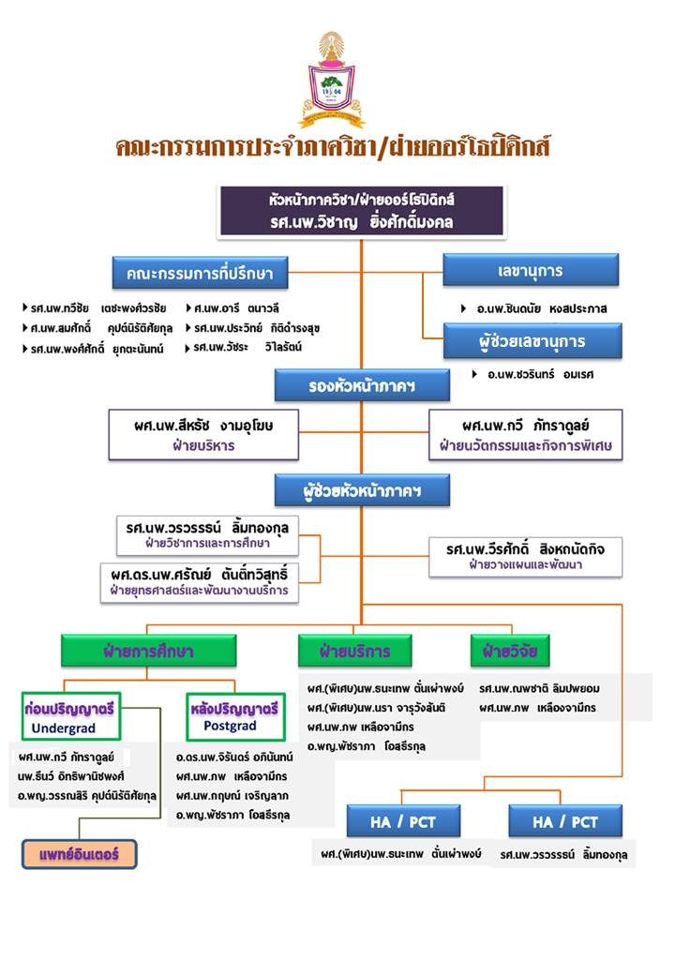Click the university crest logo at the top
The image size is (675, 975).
click(x=332, y=80)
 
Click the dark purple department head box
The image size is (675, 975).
click(x=362, y=212)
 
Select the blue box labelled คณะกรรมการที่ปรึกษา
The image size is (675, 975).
click(x=200, y=273)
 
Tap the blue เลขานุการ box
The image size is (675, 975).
click(x=531, y=270)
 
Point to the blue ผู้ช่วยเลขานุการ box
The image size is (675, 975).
click(x=532, y=340)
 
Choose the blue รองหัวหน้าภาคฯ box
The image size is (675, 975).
click(x=362, y=385)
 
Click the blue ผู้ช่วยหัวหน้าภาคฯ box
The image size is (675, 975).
click(x=362, y=490)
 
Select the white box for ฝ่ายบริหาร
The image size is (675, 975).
click(x=203, y=435)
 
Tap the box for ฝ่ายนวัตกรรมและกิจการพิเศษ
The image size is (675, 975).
click(x=526, y=435)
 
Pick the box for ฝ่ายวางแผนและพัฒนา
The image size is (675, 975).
click(x=526, y=557)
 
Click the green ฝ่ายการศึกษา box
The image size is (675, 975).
click(x=148, y=651)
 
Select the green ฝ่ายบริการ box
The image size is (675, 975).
click(x=355, y=651)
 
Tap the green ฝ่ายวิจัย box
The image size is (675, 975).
click(x=510, y=651)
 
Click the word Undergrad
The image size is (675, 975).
click(x=64, y=728)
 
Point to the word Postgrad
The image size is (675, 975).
click(x=230, y=726)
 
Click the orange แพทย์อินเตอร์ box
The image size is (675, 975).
click(x=79, y=854)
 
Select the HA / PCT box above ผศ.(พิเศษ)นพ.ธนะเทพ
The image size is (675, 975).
click(x=403, y=821)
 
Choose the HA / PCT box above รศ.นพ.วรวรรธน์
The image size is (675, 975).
click(x=565, y=821)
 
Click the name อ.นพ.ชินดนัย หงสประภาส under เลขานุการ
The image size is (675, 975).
click(x=541, y=308)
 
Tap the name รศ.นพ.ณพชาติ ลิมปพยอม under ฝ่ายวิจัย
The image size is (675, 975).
click(x=539, y=688)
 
